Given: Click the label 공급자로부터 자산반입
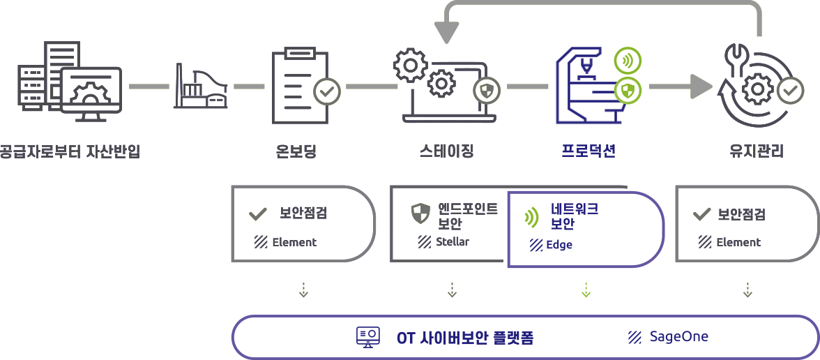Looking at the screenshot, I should pyautogui.click(x=70, y=151).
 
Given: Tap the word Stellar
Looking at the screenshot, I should pyautogui.click(x=452, y=242).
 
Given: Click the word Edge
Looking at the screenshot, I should pyautogui.click(x=559, y=245).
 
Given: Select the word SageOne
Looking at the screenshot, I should pyautogui.click(x=678, y=337).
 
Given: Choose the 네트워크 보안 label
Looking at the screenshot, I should pyautogui.click(x=574, y=216).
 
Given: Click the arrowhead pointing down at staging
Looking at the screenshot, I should pyautogui.click(x=447, y=31).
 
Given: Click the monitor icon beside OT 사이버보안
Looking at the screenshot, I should pyautogui.click(x=368, y=338).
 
